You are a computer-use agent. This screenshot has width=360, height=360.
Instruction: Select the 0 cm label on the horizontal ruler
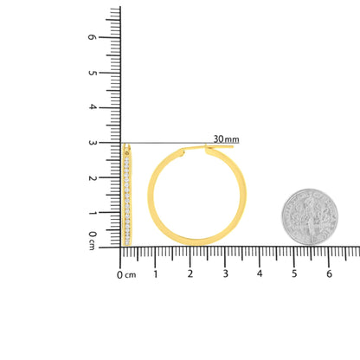click(126, 274)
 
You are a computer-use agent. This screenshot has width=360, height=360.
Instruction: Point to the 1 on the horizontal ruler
click(156, 274)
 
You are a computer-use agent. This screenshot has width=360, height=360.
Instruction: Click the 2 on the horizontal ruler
click(190, 274)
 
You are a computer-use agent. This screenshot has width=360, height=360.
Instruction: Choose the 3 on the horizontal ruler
click(225, 274)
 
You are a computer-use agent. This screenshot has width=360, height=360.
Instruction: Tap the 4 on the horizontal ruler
click(260, 274)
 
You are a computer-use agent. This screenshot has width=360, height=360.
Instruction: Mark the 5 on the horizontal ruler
click(294, 274)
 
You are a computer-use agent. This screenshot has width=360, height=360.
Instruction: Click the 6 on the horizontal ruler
click(329, 274)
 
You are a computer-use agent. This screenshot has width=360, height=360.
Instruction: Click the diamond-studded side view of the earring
click(129, 195)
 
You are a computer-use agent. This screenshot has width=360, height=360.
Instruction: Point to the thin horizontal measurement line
click(173, 143)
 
